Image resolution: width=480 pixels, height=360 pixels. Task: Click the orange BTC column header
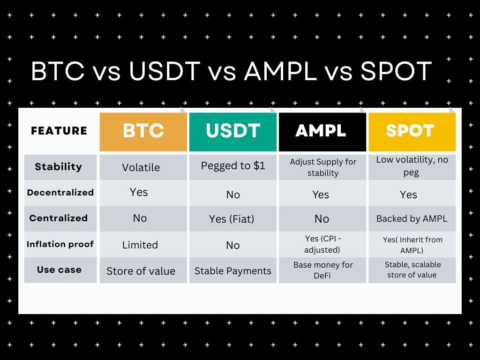tap(143, 132)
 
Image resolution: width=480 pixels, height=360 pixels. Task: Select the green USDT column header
tap(233, 132)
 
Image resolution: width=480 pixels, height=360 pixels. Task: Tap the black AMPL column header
tap(322, 132)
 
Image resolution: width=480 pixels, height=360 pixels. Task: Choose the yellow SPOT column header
tap(412, 132)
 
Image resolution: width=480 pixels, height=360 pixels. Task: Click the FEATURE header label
tap(59, 131)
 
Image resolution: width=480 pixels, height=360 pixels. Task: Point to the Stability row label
tap(59, 167)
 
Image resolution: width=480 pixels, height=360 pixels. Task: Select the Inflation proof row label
tap(60, 244)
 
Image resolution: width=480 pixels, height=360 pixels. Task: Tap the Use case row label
tap(60, 270)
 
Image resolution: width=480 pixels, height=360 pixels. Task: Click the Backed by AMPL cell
tap(412, 218)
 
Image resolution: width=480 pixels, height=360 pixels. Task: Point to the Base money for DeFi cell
tap(323, 270)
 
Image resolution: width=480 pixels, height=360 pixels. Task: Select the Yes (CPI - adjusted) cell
tap(322, 244)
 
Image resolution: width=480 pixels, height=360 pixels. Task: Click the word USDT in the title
tap(165, 71)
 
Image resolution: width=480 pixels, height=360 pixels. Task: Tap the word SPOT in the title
tap(396, 71)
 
